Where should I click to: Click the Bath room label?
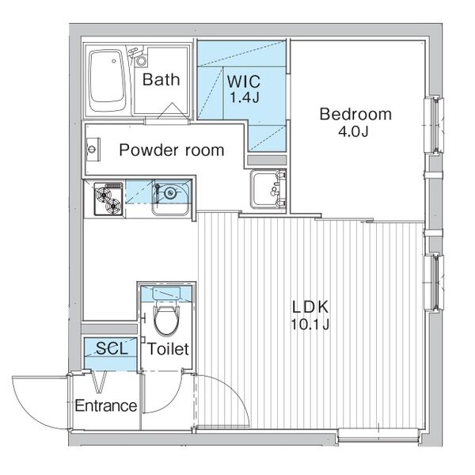(x=161, y=79)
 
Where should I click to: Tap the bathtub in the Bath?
(x=107, y=81)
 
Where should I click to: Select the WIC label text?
(x=244, y=82)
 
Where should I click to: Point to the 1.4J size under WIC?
(x=244, y=97)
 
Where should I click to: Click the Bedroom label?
(x=355, y=114)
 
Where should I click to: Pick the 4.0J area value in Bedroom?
(x=353, y=131)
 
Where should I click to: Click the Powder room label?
(x=172, y=150)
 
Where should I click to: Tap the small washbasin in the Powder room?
(x=93, y=150)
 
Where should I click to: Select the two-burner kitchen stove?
(x=108, y=199)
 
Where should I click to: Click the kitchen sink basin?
(x=171, y=197)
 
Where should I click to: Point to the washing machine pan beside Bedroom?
(x=268, y=189)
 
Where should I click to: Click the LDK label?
(x=310, y=307)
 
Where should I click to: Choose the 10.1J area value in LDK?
(x=310, y=325)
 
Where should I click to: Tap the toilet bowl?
(x=166, y=321)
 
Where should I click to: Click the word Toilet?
(x=169, y=349)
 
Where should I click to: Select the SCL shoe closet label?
(x=112, y=348)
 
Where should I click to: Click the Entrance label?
(x=106, y=405)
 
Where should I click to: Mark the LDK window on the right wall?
(x=434, y=283)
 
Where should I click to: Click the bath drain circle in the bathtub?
(x=113, y=61)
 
